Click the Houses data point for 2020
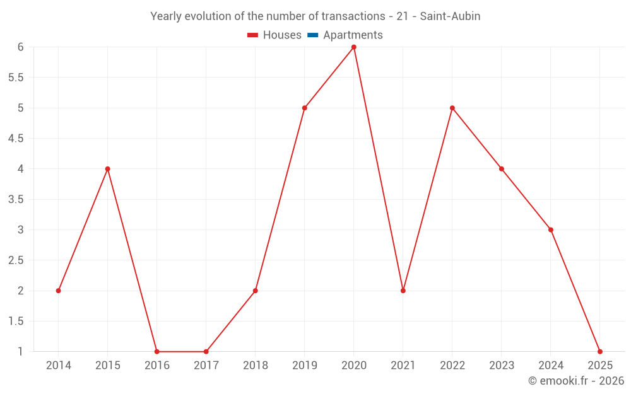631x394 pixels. [354, 47]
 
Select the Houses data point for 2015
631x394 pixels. [107, 169]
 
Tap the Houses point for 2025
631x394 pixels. [600, 352]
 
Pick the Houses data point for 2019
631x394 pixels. [305, 108]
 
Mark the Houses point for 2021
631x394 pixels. [403, 291]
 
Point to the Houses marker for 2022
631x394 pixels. [452, 108]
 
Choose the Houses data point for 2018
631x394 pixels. [256, 291]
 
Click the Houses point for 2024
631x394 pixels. [551, 229]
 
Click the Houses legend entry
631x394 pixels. [274, 35]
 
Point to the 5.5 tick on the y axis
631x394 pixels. [16, 78]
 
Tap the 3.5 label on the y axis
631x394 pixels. [16, 199]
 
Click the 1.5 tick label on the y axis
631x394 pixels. [16, 322]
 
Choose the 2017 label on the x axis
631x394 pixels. [206, 366]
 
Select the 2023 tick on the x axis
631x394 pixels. [502, 366]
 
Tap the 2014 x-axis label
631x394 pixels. [59, 366]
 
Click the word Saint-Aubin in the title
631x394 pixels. [452, 16]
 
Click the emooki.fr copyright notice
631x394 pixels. [576, 381]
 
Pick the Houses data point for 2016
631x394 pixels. [157, 352]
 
